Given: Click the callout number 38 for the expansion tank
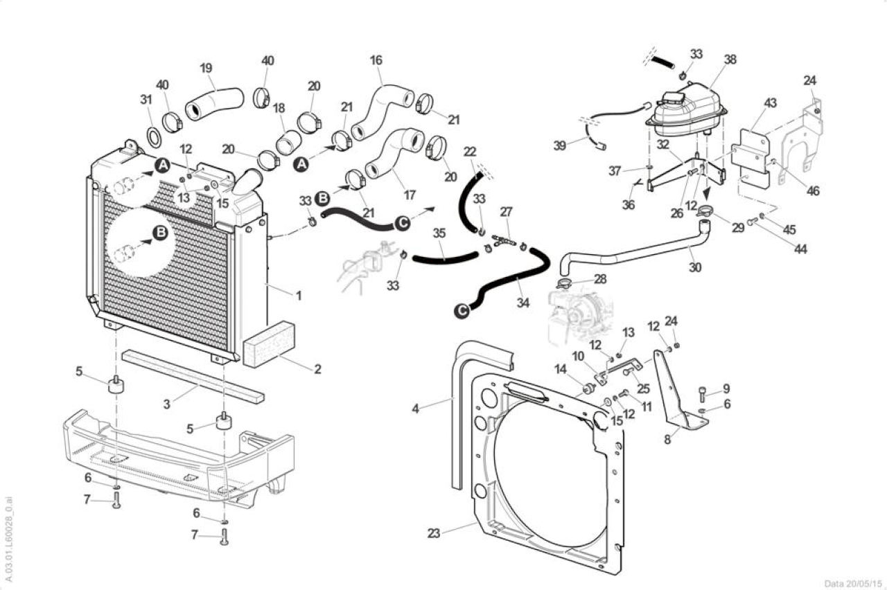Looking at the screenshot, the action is (730, 60).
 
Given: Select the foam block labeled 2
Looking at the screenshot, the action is (268, 344).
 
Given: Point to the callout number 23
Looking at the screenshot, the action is (434, 533).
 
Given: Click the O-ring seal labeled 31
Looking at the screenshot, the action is (154, 138).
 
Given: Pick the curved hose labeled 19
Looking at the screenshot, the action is (214, 104).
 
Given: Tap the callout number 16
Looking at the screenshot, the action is (376, 60).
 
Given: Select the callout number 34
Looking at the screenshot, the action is (522, 303).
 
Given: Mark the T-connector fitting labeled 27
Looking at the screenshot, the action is (504, 240).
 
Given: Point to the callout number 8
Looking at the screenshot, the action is (667, 439).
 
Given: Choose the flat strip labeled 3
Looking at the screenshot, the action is (193, 376).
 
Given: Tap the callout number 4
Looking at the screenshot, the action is (415, 409).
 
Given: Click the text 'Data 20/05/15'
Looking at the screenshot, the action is (853, 584).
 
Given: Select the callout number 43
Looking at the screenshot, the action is (770, 103).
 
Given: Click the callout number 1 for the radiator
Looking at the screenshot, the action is (299, 296).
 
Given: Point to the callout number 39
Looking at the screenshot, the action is (559, 145).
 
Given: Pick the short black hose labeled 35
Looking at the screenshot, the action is (445, 258).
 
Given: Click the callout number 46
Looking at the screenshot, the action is (813, 190).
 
